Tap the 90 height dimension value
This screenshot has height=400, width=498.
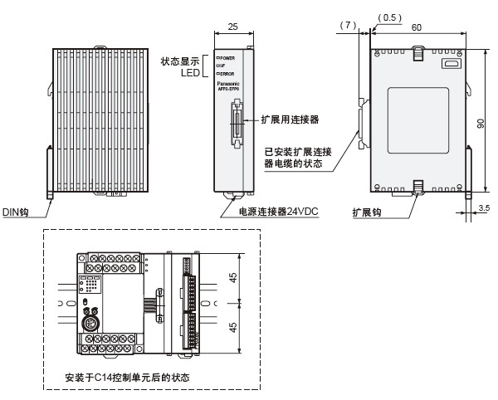[482, 123]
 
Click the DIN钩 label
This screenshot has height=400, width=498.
[15, 212]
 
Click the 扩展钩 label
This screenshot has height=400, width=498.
[365, 212]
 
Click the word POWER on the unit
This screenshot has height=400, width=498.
[229, 58]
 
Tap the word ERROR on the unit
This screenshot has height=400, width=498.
[228, 73]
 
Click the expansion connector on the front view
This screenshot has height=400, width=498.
[237, 123]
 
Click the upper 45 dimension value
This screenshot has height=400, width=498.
[233, 280]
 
